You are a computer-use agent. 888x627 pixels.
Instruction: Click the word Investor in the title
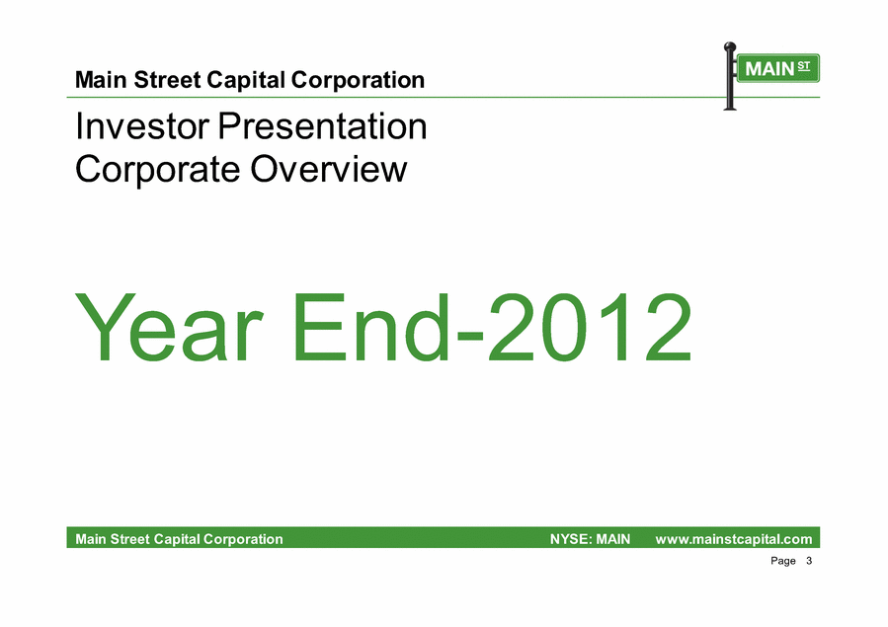pos(142,125)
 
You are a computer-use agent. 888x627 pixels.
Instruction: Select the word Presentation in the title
pos(322,125)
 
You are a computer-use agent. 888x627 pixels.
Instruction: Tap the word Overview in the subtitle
pos(329,169)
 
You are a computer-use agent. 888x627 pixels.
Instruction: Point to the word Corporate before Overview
pos(157,170)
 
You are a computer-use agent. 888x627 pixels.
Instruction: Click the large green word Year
pos(168,327)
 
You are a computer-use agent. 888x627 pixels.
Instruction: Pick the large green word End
pos(371,327)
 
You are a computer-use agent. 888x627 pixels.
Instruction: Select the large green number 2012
pos(591,327)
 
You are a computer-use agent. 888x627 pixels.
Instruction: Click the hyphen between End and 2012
pos(469,336)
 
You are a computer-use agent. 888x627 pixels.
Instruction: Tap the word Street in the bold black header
pos(167,80)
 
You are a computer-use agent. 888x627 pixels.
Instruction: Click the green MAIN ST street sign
pos(777,68)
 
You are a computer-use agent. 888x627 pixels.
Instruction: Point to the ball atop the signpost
pos(730,46)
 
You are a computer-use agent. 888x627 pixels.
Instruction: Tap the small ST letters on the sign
pos(804,65)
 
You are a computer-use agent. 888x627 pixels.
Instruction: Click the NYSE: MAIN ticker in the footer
pos(590,539)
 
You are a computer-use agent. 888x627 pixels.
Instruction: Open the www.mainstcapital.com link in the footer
pos(733,539)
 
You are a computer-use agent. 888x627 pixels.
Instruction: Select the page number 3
pos(809,561)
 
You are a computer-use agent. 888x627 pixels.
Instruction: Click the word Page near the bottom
pos(783,562)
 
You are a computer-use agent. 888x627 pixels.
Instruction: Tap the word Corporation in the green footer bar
pos(243,539)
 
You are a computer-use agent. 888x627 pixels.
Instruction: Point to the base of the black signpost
pos(730,108)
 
